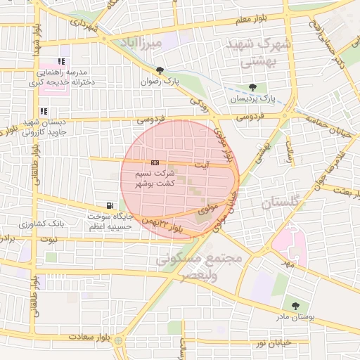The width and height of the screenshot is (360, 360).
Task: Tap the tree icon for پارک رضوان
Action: coord(160,70)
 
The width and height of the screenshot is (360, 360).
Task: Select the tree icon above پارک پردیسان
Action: coord(252,87)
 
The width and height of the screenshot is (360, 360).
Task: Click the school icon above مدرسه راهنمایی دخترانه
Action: coord(61,61)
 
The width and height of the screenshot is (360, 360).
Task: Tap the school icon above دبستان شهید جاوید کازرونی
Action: coord(44,111)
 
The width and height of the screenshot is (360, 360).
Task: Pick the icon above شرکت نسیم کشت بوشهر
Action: coord(155,162)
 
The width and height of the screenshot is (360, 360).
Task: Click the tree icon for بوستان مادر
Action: coord(295,306)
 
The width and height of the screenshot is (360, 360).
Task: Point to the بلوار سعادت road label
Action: coord(87,337)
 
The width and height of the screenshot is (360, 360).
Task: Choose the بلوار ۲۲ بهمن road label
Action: coord(163,224)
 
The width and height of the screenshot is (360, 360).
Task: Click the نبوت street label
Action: coord(50,239)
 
